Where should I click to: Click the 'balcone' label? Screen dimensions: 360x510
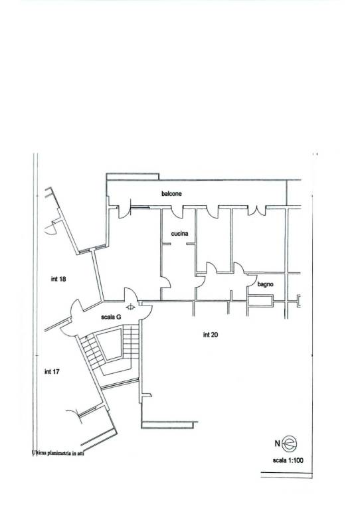pos(171,193)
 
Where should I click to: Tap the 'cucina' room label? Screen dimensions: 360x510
pos(179,234)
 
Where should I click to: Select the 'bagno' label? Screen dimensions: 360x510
pos(266,284)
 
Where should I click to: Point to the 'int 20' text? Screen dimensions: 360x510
pos(210,335)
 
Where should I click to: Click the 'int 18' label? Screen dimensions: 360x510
pos(58,279)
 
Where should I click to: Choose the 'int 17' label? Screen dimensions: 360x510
pos(52,371)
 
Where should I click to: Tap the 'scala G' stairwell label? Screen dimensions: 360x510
pos(111,317)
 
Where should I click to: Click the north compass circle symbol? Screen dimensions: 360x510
pos(290,444)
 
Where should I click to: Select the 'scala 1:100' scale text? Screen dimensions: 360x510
pos(288,460)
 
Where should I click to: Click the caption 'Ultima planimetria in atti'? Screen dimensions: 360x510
pos(58,453)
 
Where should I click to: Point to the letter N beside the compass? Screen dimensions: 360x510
pos(277,444)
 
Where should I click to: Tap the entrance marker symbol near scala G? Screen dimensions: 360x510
pos(130,307)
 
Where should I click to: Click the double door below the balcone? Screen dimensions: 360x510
pos(257,211)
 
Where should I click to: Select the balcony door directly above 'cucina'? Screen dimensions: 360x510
pos(177,212)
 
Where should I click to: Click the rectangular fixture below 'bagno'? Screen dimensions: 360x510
pos(260,301)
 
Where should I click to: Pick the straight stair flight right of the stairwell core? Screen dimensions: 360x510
pos(131,342)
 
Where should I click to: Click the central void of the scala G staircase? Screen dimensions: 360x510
pos(110,345)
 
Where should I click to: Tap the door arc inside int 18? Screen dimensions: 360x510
pos(50,230)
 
